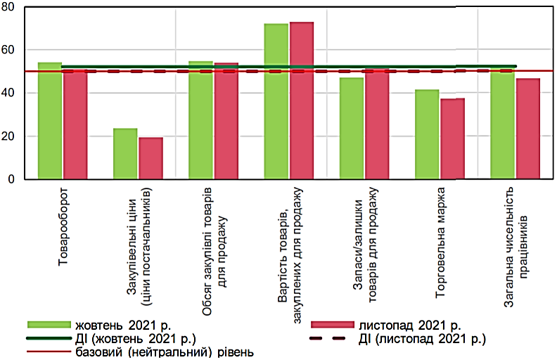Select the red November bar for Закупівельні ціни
151,158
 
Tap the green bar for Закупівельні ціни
125,154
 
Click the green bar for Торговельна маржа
427,134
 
